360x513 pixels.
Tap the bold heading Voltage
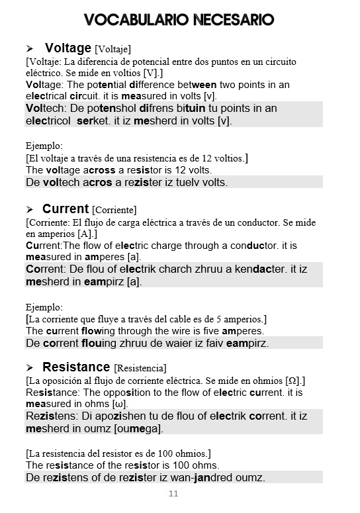tap(67, 48)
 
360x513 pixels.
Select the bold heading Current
tap(66, 209)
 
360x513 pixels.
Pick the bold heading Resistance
tap(76, 367)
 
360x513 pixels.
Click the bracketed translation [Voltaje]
tap(113, 49)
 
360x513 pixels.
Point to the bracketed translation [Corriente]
tap(114, 210)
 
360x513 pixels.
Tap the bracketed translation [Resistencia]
tap(140, 368)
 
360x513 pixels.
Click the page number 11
tap(173, 494)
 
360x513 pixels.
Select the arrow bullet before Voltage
tap(30, 49)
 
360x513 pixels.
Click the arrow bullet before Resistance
tap(30, 368)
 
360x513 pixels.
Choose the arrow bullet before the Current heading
tap(30, 210)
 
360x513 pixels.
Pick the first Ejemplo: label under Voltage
tap(44, 146)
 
